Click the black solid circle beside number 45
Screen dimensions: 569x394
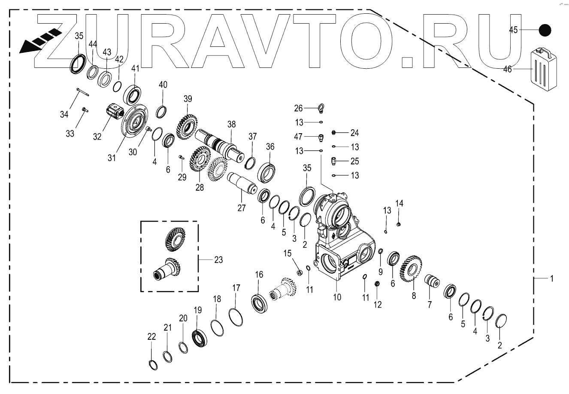(x=545, y=30)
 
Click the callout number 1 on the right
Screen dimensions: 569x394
(x=551, y=278)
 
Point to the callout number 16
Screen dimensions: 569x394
(x=259, y=275)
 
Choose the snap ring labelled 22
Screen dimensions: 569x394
(x=153, y=364)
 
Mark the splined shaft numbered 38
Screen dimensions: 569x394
(x=219, y=146)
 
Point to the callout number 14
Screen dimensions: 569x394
(x=400, y=203)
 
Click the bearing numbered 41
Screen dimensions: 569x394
(x=134, y=94)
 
